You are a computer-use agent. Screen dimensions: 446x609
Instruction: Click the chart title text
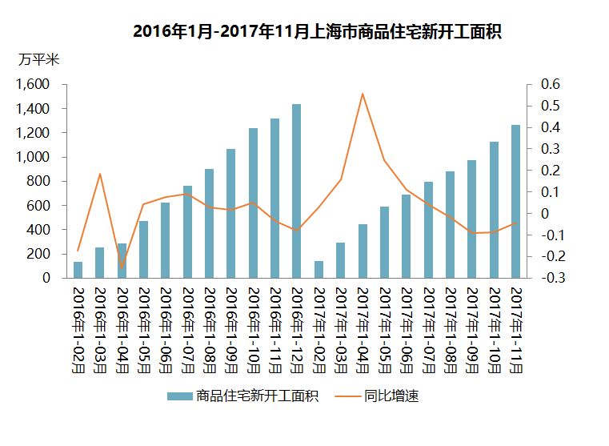pyautogui.click(x=311, y=32)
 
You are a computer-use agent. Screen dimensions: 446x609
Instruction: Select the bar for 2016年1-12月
pyautogui.click(x=296, y=191)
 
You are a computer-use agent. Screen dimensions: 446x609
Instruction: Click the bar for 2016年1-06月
pyautogui.click(x=166, y=240)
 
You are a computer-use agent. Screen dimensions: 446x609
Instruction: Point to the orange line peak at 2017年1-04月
pyautogui.click(x=363, y=94)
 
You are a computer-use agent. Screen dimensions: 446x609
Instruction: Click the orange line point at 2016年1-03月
pyautogui.click(x=100, y=174)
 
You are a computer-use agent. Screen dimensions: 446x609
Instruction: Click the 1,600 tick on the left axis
pyautogui.click(x=34, y=84)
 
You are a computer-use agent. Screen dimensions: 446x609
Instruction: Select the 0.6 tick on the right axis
pyautogui.click(x=551, y=84)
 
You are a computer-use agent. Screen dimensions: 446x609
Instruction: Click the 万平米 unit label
pyautogui.click(x=38, y=59)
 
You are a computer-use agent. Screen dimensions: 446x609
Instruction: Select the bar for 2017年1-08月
pyautogui.click(x=450, y=225)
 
